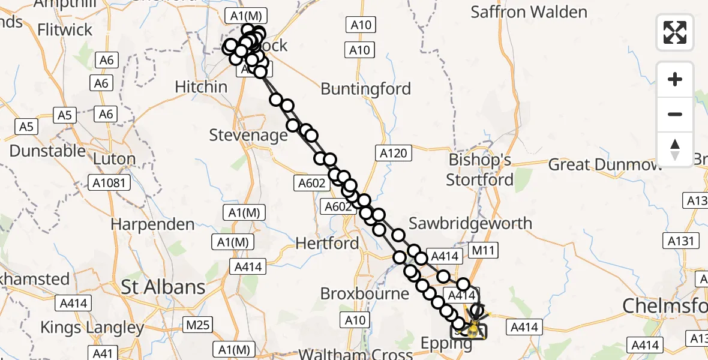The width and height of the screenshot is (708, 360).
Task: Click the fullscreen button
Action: (675, 32)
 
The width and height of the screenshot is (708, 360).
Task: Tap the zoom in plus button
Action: (675, 79)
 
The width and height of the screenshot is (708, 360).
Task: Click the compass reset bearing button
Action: (675, 149)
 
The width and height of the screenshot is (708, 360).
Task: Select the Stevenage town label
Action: (248, 135)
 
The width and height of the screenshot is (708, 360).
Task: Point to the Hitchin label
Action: (201, 87)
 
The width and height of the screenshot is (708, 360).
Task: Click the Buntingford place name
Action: (366, 89)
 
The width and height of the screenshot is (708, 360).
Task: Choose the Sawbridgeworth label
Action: (470, 223)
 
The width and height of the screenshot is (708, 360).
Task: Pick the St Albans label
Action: (163, 287)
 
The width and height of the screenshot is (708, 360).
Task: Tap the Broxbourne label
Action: (365, 294)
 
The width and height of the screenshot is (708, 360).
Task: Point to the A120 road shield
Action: (394, 153)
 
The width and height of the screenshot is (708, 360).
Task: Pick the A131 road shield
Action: (681, 241)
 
